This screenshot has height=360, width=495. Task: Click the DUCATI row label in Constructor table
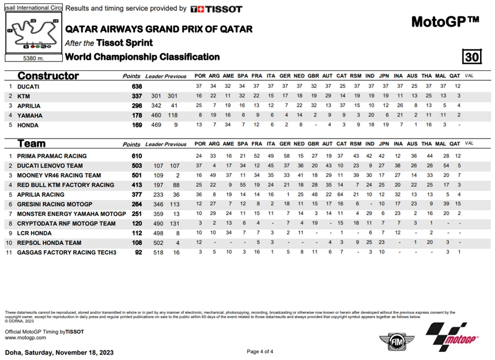click(x=28, y=87)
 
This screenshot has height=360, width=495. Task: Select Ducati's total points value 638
click(x=136, y=87)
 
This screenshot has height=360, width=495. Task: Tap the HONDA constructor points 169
click(x=136, y=125)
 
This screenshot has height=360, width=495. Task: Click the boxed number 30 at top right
click(x=471, y=57)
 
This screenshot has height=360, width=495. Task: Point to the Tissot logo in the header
click(x=216, y=9)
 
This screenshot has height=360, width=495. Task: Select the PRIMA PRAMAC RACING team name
click(x=52, y=156)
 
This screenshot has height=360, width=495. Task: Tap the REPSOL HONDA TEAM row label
click(x=49, y=243)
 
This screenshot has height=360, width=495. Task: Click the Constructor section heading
click(x=48, y=76)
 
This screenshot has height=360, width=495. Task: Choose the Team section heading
click(x=31, y=144)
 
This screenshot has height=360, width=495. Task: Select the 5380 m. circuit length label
click(x=34, y=58)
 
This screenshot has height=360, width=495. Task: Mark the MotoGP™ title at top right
click(x=445, y=21)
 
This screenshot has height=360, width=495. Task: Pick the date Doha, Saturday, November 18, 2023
click(x=59, y=352)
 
